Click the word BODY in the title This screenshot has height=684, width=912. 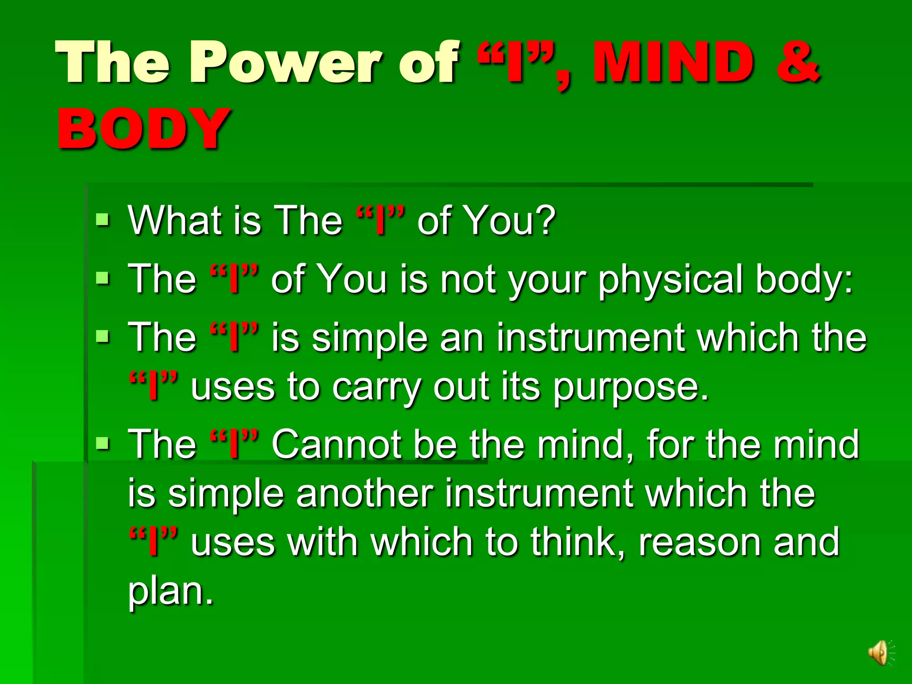(143, 129)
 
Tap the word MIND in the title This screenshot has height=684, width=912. (673, 62)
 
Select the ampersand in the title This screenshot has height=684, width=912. (798, 62)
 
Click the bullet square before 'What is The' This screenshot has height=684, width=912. (103, 219)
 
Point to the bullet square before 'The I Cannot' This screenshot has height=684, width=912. (103, 444)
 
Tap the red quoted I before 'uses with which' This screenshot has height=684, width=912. (153, 542)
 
